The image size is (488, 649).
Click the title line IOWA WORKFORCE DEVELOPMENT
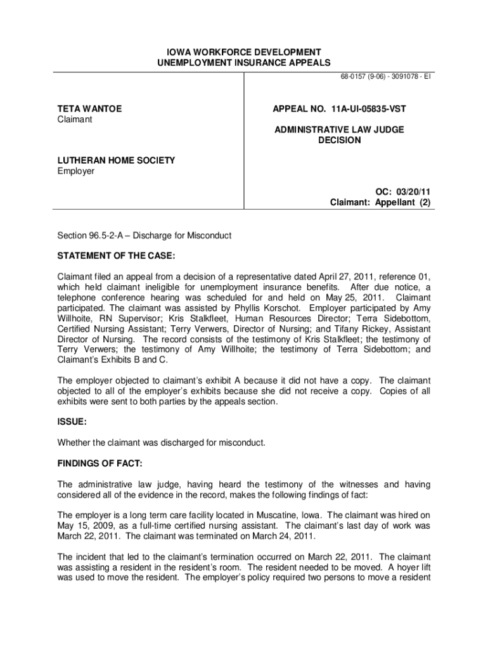pos(244,51)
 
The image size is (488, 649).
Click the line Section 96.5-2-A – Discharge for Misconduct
pos(144,236)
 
